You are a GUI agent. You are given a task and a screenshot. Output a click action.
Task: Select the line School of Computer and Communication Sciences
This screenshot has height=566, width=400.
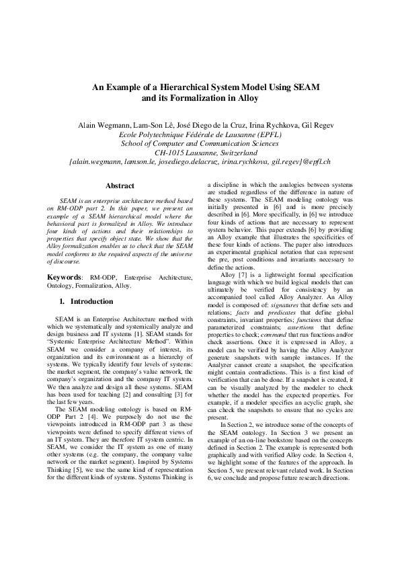[200, 144]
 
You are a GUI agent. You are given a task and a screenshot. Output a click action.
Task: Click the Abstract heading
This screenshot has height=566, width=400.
[120, 186]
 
